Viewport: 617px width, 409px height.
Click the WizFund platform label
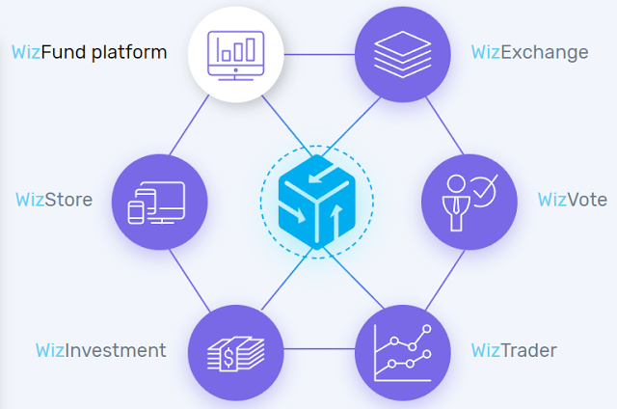[x=90, y=53]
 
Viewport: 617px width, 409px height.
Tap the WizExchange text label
[x=529, y=53]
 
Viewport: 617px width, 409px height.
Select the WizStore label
[x=54, y=200]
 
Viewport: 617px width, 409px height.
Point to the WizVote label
[x=572, y=200]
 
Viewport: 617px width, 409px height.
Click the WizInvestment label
[x=100, y=350]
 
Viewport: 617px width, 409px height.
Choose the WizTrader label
[x=514, y=350]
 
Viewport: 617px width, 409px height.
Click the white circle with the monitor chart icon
[x=235, y=54]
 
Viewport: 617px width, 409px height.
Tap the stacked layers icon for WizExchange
[x=403, y=54]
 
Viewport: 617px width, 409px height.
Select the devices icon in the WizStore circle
[x=156, y=203]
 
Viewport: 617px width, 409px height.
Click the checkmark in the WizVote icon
[x=485, y=187]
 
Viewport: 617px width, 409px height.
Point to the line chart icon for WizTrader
[x=403, y=353]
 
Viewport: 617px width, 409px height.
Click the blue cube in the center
[x=317, y=202]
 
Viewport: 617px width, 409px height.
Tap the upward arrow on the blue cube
[x=336, y=222]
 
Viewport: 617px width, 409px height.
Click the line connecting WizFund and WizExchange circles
[x=319, y=54]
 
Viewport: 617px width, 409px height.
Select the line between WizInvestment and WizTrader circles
[x=319, y=348]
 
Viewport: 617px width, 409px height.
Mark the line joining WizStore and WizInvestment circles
[x=190, y=281]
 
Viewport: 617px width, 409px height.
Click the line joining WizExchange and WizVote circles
[x=444, y=125]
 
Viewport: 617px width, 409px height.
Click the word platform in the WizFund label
[x=129, y=53]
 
